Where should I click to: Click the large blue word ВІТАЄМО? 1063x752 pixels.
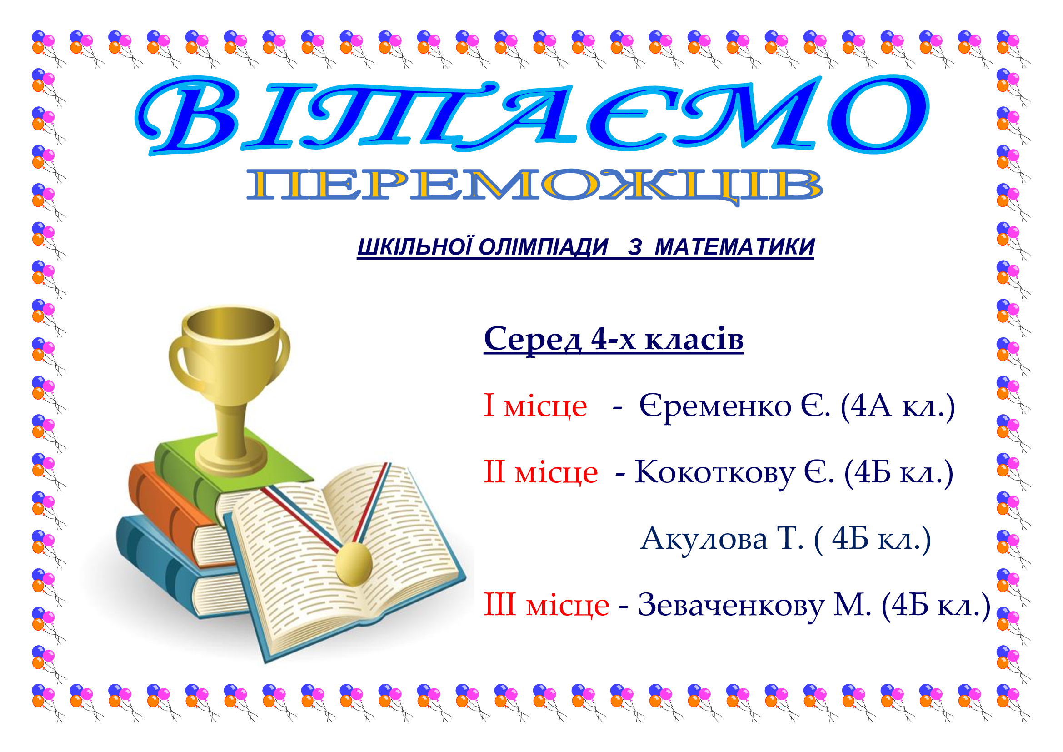coord(532,115)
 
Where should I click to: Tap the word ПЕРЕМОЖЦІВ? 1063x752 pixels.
coord(535,186)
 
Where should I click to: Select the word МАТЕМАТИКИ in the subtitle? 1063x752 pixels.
coord(735,247)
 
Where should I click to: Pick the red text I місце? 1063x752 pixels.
coord(535,405)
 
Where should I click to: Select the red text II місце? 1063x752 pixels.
coord(541,472)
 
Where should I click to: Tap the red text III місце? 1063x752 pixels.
coord(546,605)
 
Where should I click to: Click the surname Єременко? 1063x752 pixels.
coord(715,406)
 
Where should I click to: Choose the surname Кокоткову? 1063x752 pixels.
coord(715,473)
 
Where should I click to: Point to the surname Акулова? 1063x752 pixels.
coord(704,539)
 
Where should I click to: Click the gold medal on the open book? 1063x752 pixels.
coord(354,563)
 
